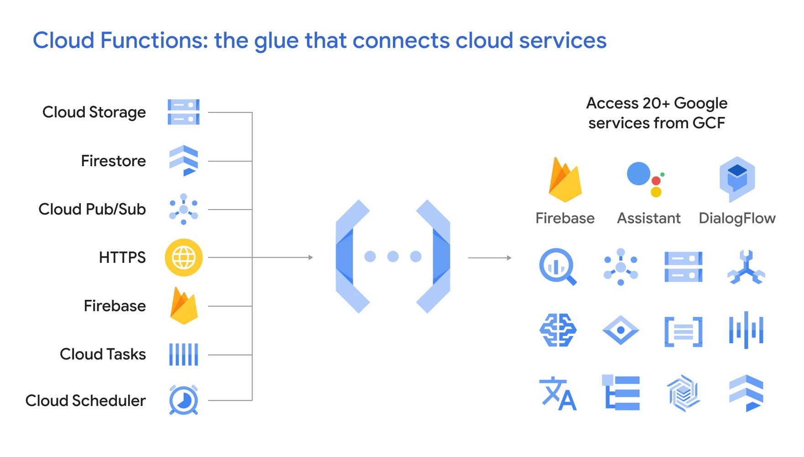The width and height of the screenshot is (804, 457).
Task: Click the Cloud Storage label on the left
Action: click(94, 112)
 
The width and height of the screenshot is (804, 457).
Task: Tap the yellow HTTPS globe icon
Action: click(183, 257)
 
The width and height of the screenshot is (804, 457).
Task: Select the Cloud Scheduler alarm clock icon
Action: click(183, 400)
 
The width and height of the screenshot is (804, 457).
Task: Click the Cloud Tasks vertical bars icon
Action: click(183, 354)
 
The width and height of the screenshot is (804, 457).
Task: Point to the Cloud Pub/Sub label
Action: click(92, 209)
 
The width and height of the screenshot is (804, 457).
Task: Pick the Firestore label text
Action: click(113, 161)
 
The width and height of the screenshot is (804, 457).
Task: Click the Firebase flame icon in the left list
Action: click(183, 306)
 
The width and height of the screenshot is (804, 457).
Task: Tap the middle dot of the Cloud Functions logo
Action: click(393, 257)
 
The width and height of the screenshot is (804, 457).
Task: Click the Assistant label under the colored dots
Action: click(648, 218)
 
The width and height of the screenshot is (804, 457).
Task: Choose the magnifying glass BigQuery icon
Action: click(557, 267)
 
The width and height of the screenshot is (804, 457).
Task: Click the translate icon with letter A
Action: click(558, 394)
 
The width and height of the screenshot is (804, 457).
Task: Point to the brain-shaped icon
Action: click(558, 330)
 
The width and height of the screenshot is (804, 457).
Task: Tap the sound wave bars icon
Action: click(746, 330)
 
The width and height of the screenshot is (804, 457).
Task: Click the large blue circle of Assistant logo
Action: click(638, 173)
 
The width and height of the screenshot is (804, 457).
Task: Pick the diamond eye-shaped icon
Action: click(621, 330)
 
